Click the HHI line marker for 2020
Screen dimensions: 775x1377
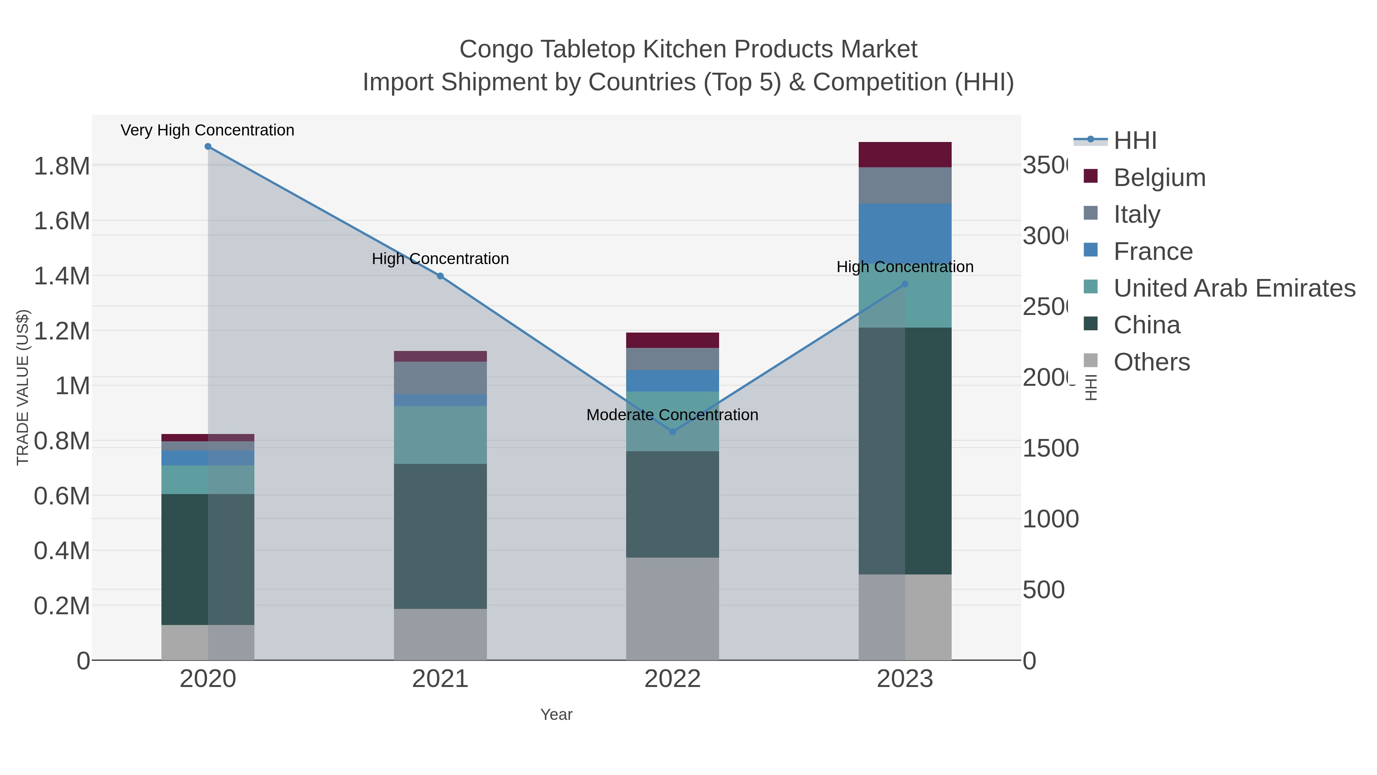[x=208, y=147]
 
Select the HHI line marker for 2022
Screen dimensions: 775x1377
[x=672, y=432]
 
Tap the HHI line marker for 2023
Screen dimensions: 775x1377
[x=905, y=284]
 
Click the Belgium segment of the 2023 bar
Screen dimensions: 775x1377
[x=905, y=155]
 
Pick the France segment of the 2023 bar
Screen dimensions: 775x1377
[x=905, y=233]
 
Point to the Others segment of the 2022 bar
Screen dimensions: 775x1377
[x=672, y=609]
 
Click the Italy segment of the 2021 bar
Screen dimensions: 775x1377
[x=440, y=378]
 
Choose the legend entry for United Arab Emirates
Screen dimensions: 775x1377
[x=1234, y=288]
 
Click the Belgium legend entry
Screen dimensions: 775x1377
[x=1159, y=178]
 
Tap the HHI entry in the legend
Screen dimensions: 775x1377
[x=1134, y=141]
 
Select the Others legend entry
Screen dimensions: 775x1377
[x=1151, y=362]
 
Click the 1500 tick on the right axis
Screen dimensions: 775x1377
[x=1050, y=448]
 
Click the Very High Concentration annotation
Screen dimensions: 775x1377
[x=207, y=130]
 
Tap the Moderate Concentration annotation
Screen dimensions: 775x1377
[x=672, y=414]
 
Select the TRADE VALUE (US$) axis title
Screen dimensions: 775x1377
[x=23, y=387]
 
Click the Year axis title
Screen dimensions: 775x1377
[x=556, y=715]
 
